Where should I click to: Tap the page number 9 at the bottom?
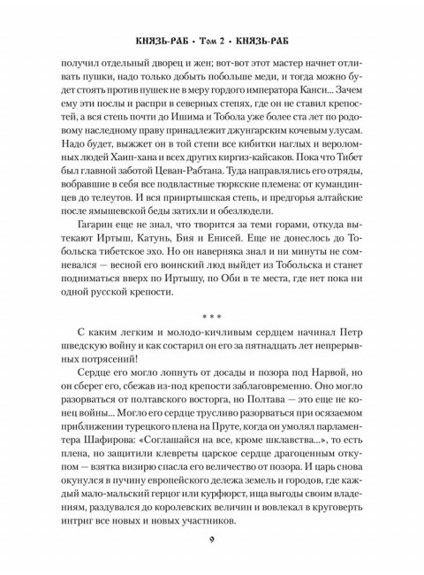click(x=212, y=542)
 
